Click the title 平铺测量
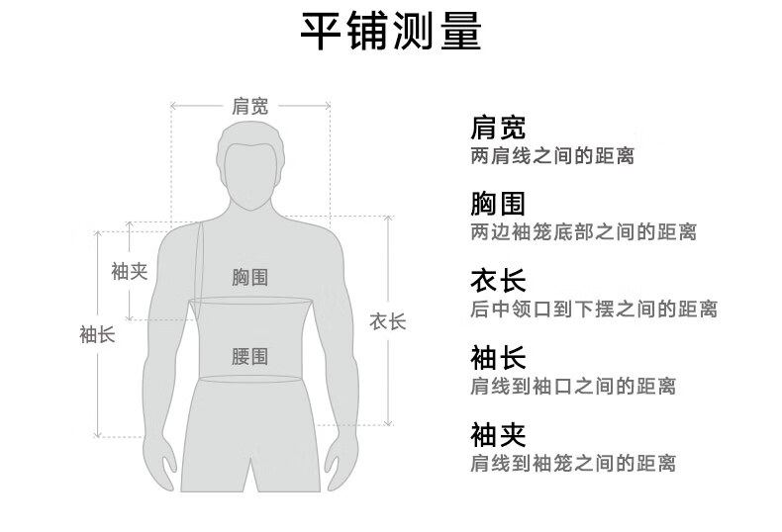390,33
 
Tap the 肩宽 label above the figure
249,106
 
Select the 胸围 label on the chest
249,278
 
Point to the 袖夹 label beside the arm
129,271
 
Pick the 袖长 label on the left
97,334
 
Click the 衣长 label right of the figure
387,321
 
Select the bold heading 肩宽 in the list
497,128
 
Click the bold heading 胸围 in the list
497,204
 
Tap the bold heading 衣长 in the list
497,281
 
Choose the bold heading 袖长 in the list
497,357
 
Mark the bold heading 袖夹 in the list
497,434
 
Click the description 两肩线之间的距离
551,156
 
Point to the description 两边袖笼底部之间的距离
583,232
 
